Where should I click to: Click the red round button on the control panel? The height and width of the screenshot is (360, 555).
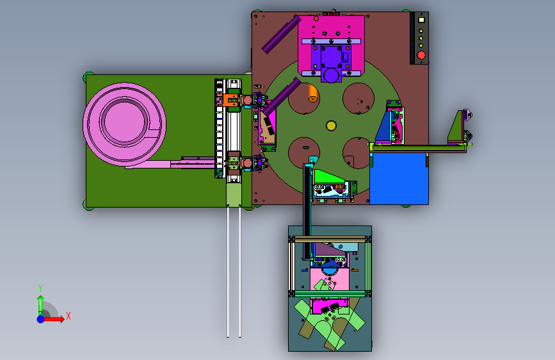pyautogui.click(x=421, y=55)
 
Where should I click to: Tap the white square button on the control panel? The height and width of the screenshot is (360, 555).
pyautogui.click(x=421, y=20)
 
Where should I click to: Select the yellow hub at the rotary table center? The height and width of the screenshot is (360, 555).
pyautogui.click(x=332, y=126)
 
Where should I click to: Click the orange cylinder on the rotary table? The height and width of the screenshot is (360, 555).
pyautogui.click(x=312, y=93)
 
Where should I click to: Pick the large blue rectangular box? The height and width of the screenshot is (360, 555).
pyautogui.click(x=399, y=179)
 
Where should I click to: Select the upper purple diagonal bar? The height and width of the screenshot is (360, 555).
pyautogui.click(x=281, y=34)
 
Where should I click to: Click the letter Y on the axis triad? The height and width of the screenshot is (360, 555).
pyautogui.click(x=40, y=288)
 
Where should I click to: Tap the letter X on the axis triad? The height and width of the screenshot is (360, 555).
pyautogui.click(x=68, y=316)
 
